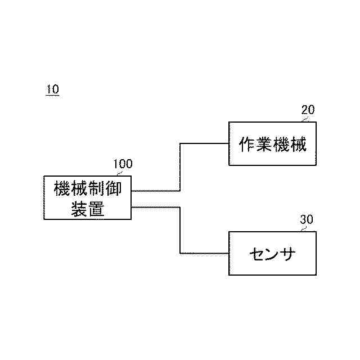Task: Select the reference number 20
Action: click(308, 110)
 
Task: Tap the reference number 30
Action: click(307, 220)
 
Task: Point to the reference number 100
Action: click(123, 164)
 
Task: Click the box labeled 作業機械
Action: click(272, 143)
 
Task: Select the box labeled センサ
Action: click(272, 253)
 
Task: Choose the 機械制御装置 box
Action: click(87, 197)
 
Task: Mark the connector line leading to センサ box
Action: click(180, 231)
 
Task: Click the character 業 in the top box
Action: click(264, 144)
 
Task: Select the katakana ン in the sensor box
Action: click(273, 254)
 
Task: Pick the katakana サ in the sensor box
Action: click(289, 254)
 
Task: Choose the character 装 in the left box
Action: click(79, 208)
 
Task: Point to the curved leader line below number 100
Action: click(118, 173)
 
